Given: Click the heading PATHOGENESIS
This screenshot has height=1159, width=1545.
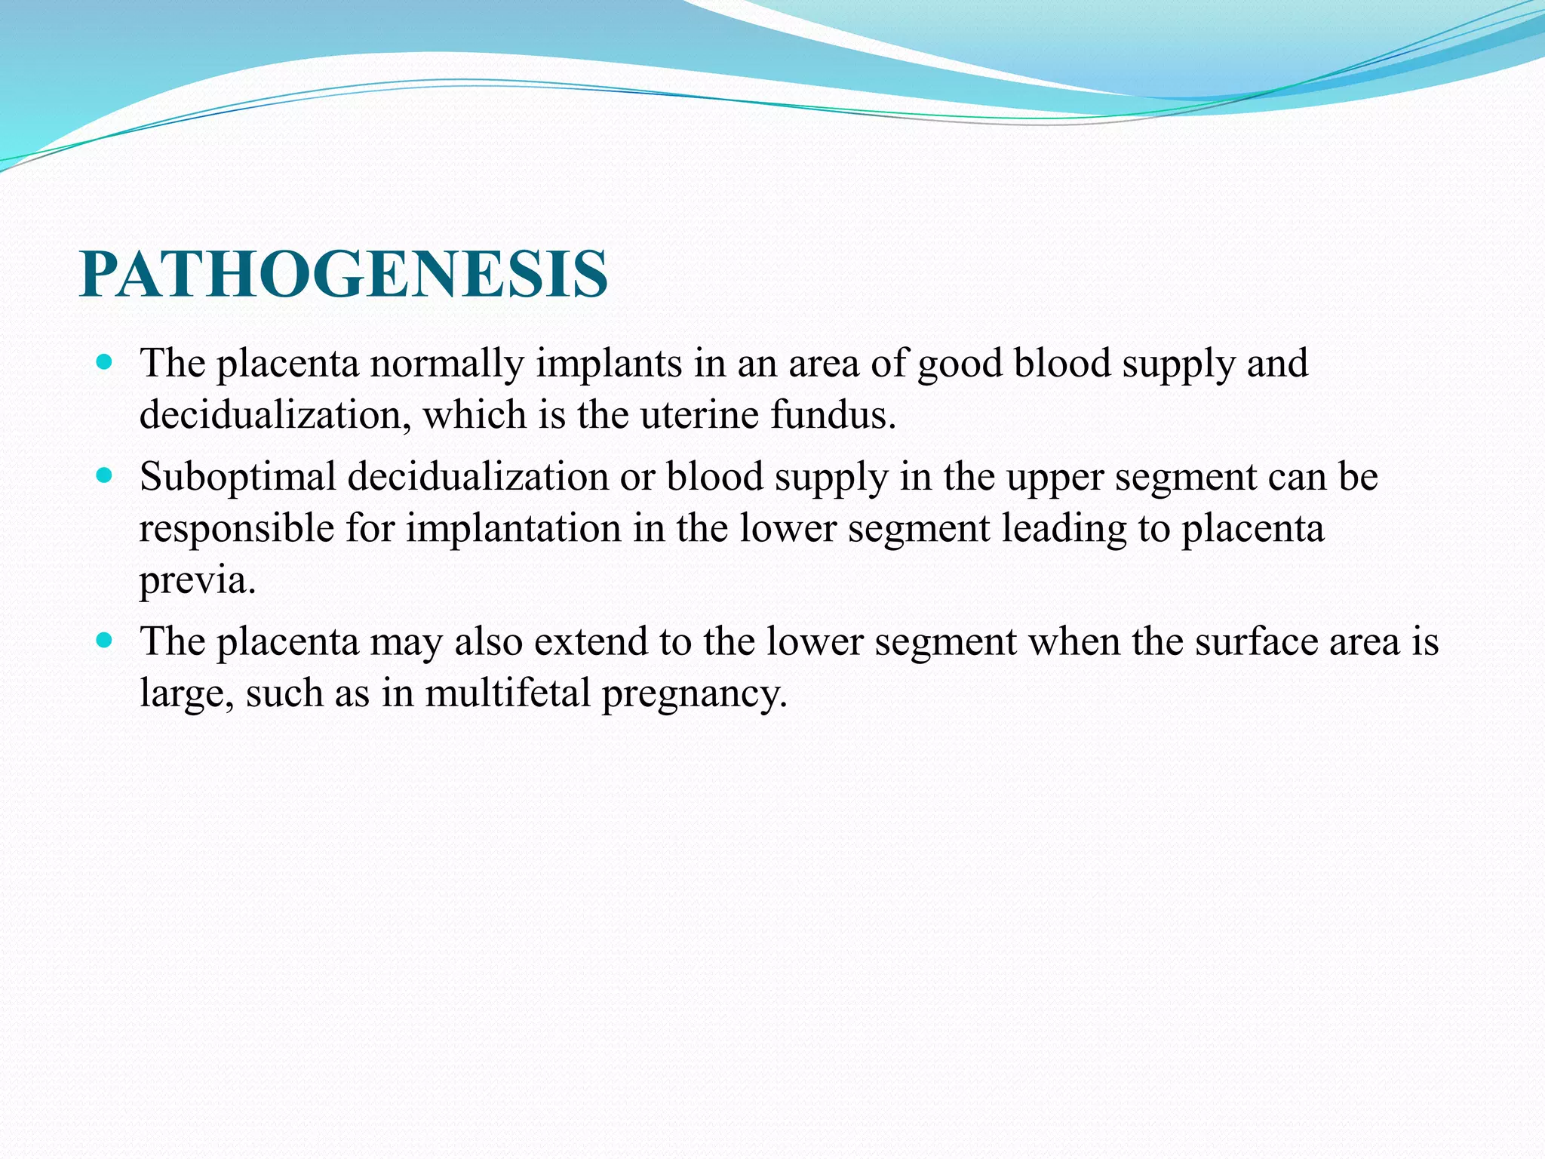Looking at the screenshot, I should (343, 275).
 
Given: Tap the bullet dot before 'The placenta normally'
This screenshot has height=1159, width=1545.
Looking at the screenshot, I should (105, 362).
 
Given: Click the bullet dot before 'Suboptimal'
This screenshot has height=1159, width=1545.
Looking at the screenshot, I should (105, 476).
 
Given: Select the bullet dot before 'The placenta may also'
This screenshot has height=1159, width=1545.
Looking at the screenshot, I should (105, 641).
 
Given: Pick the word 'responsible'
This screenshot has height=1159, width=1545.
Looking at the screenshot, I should (236, 529).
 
